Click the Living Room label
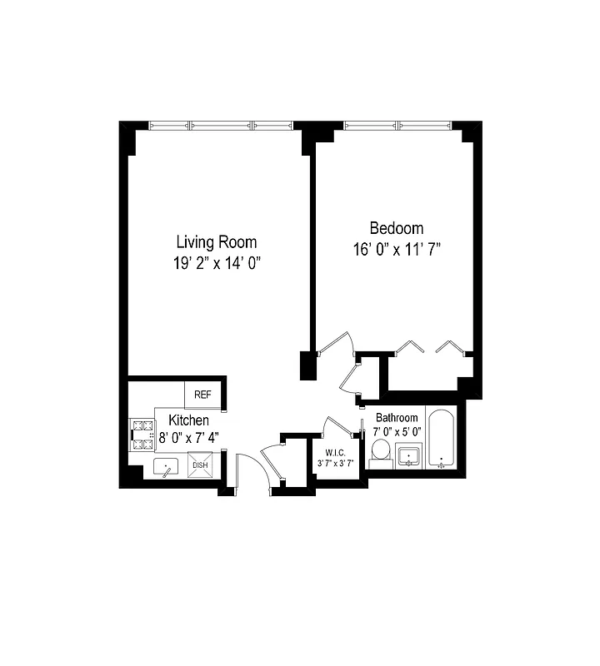(x=216, y=242)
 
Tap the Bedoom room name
(x=396, y=228)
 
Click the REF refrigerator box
(x=202, y=395)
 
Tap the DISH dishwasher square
(x=201, y=465)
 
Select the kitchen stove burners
(x=137, y=435)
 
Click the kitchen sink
(x=167, y=470)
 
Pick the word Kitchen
(x=188, y=420)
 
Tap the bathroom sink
(x=409, y=456)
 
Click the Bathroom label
(x=396, y=417)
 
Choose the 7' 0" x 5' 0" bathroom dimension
(x=397, y=431)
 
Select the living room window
(x=221, y=126)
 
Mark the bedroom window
(x=399, y=126)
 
